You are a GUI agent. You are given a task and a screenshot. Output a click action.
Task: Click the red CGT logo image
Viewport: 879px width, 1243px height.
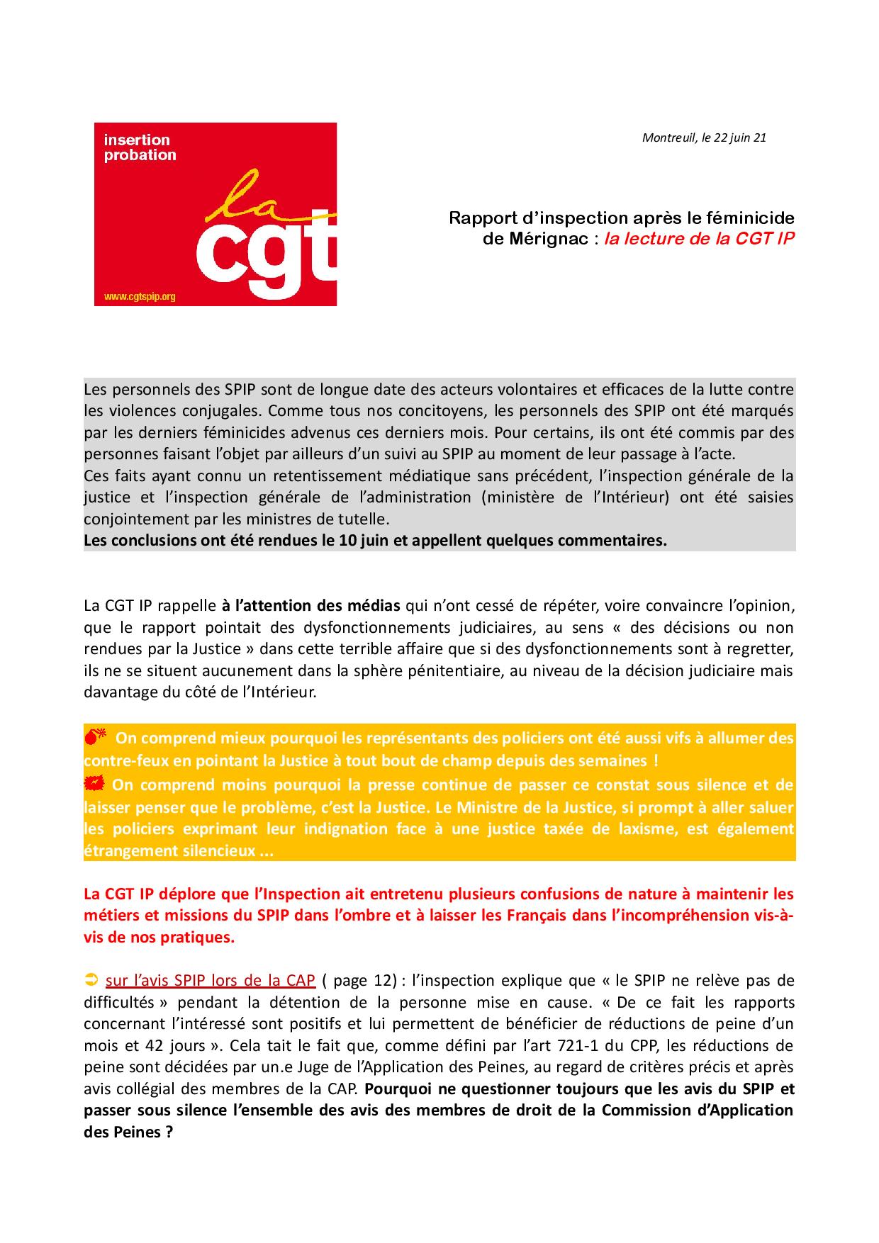215,214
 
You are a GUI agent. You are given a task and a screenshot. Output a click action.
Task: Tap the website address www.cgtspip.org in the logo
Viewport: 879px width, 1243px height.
140,297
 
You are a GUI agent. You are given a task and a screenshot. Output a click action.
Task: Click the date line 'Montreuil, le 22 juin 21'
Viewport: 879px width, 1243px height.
703,137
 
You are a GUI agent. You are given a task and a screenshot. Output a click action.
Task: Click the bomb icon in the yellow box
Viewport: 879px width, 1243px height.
95,738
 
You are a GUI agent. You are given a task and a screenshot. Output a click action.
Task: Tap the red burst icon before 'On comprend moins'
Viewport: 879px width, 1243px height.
94,783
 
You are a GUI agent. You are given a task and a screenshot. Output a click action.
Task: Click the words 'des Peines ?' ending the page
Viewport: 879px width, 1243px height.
128,1132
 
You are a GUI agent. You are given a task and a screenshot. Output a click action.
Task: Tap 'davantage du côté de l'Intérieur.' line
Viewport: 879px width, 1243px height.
200,692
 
